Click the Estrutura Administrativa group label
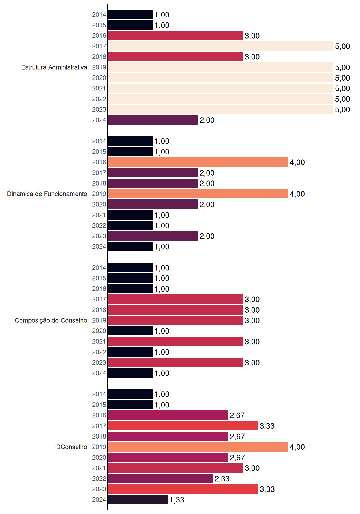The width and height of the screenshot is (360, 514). click(54, 67)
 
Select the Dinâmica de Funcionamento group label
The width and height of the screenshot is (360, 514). click(47, 194)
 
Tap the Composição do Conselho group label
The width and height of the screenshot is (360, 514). click(51, 320)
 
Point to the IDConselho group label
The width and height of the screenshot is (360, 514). click(71, 447)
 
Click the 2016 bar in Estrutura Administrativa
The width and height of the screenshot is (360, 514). click(175, 36)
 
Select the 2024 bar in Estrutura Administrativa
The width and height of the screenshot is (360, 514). click(153, 120)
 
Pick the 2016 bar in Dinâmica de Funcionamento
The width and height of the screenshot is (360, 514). click(198, 162)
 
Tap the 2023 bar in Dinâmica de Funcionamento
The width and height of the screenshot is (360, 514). click(153, 236)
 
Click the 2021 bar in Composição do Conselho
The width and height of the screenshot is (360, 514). click(175, 341)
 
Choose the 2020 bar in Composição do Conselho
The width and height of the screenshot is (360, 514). click(130, 331)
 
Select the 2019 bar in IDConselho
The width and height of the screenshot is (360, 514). click(198, 447)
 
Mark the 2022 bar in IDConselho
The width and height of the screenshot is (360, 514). click(160, 478)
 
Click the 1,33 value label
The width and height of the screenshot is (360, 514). click(177, 500)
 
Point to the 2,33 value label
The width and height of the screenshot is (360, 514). click(222, 479)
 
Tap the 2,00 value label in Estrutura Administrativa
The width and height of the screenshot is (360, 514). click(207, 120)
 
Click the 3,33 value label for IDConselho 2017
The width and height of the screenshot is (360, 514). click(267, 426)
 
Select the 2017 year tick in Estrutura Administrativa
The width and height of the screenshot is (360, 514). click(99, 46)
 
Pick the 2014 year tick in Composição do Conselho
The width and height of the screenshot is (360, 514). click(99, 268)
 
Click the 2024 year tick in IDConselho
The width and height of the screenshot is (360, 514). click(99, 500)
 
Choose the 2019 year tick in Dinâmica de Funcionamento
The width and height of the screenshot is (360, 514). click(99, 194)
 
